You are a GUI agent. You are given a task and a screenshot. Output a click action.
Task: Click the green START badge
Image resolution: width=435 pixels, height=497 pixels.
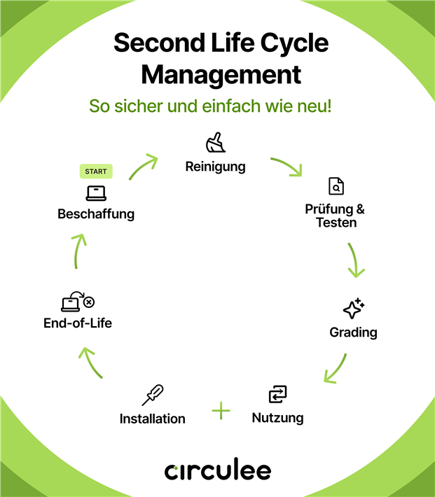(x=95, y=171)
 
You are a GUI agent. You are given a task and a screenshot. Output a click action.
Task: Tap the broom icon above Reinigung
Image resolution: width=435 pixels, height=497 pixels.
(x=216, y=143)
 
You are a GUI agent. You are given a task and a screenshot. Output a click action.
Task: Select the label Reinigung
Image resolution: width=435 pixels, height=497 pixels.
(x=216, y=167)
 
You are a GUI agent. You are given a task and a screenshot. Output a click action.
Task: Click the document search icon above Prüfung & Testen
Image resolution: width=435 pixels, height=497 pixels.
(x=336, y=186)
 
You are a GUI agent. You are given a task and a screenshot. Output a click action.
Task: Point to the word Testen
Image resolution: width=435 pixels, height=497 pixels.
(x=336, y=223)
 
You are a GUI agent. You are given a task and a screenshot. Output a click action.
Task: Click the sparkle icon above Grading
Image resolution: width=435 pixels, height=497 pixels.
(x=354, y=309)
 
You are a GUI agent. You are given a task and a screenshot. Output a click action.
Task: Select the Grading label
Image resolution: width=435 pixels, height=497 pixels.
(x=353, y=332)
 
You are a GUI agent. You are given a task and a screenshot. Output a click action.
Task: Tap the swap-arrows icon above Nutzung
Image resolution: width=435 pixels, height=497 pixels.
(x=278, y=394)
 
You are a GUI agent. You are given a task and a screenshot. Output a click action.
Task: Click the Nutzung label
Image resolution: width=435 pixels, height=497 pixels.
(x=277, y=418)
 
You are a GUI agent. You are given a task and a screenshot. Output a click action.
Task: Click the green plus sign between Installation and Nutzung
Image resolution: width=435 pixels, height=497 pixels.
(x=221, y=410)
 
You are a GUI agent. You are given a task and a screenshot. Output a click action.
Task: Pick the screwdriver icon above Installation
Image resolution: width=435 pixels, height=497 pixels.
(x=153, y=395)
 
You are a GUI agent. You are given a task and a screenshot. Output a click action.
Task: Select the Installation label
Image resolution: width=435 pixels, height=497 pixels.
(x=153, y=419)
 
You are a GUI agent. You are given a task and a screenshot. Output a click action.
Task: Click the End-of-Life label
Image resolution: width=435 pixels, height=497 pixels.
(x=78, y=323)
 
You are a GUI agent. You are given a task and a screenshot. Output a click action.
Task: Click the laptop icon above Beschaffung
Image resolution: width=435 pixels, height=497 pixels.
(x=96, y=192)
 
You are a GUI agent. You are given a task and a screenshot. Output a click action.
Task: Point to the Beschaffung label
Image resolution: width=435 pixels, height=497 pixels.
(x=96, y=214)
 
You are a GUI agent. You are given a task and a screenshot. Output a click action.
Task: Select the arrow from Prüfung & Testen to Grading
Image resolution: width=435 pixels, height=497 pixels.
(x=356, y=260)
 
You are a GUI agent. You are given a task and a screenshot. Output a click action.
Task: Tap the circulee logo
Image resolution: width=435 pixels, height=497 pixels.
(x=218, y=470)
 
